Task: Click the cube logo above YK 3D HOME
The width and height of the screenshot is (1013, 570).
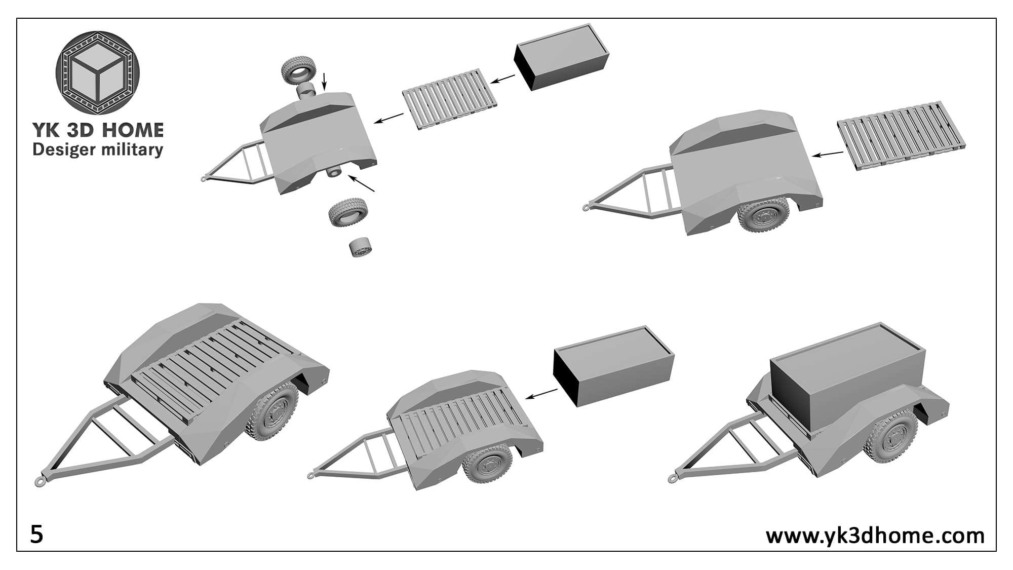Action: tap(97, 72)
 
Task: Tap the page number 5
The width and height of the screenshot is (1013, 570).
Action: tap(37, 535)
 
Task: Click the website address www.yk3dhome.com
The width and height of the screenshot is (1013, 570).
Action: tap(875, 535)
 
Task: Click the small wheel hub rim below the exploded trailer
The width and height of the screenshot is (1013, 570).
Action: tap(361, 247)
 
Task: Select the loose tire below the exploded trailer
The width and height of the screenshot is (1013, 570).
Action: tap(348, 212)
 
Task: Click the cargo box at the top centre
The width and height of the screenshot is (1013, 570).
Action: tap(561, 57)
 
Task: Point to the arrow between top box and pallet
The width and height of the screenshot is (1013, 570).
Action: tap(503, 79)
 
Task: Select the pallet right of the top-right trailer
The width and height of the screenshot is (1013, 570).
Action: tap(901, 135)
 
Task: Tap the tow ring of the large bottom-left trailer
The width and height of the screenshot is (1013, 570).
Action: tap(41, 480)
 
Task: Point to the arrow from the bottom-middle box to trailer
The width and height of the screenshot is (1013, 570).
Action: tap(542, 394)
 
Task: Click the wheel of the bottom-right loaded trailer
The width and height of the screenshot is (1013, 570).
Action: tap(891, 436)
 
